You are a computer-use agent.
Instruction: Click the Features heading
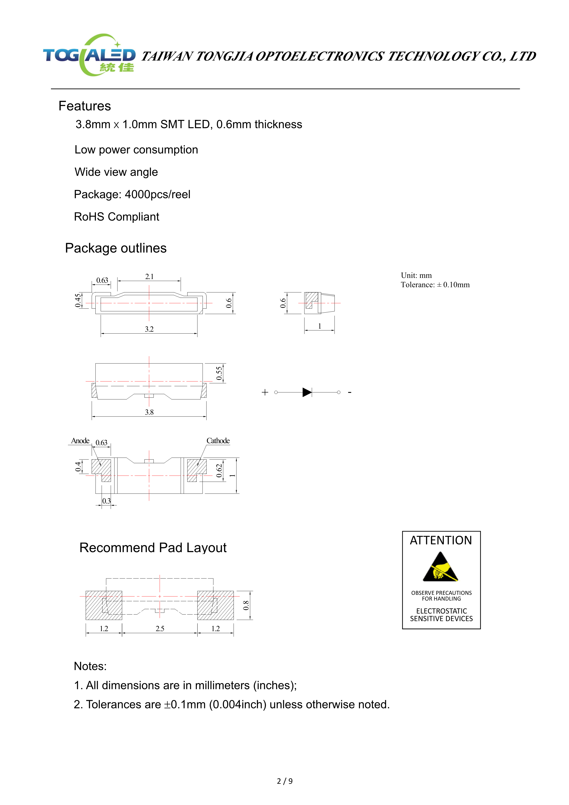click(x=84, y=106)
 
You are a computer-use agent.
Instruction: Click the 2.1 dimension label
click(x=149, y=276)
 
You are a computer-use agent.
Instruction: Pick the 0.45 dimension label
click(x=78, y=300)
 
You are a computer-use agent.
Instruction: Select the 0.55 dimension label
click(x=219, y=373)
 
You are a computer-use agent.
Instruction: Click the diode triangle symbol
click(x=307, y=392)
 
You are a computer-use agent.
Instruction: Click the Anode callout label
click(x=80, y=441)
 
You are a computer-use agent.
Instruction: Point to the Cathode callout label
click(x=218, y=441)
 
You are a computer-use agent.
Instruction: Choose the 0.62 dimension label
click(x=219, y=470)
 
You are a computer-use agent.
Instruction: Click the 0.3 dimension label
click(x=106, y=501)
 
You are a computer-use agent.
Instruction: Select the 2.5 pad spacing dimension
click(x=160, y=629)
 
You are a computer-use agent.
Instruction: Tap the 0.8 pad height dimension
click(x=246, y=606)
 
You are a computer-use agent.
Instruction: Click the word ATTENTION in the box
click(x=441, y=540)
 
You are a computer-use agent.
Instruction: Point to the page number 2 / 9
click(x=285, y=781)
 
